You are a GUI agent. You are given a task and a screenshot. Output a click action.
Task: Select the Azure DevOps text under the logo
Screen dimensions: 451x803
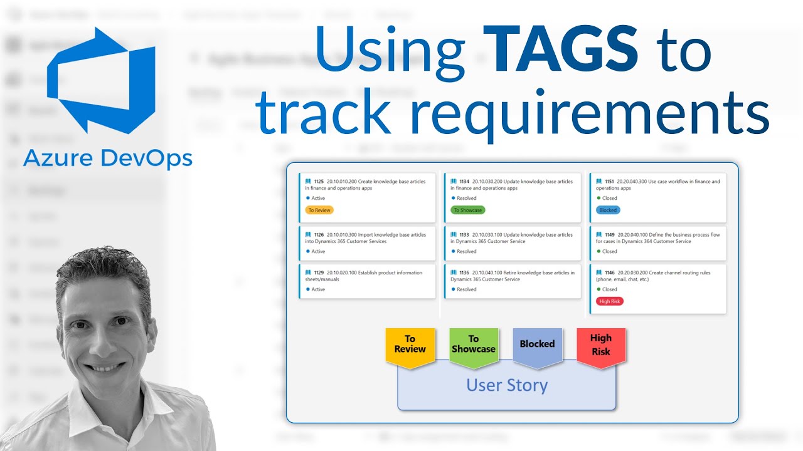pyautogui.click(x=108, y=159)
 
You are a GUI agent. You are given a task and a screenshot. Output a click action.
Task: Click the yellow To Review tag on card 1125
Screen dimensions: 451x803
pyautogui.click(x=319, y=210)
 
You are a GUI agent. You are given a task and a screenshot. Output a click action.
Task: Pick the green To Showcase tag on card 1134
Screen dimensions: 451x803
pyautogui.click(x=467, y=210)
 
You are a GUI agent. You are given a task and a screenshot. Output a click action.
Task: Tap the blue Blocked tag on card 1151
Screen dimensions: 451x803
pyautogui.click(x=608, y=210)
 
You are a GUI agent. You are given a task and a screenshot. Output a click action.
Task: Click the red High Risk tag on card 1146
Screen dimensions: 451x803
pyautogui.click(x=609, y=301)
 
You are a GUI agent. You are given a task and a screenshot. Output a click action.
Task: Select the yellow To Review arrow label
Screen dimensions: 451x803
pyautogui.click(x=410, y=345)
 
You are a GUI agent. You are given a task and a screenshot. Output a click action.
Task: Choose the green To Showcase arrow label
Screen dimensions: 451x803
pyautogui.click(x=474, y=345)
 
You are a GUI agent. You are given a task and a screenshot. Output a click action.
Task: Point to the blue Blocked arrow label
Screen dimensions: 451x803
pyautogui.click(x=537, y=345)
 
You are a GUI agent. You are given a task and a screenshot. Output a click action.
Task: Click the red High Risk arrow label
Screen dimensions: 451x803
pyautogui.click(x=601, y=345)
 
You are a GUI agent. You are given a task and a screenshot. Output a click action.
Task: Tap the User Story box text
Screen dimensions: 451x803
pyautogui.click(x=507, y=385)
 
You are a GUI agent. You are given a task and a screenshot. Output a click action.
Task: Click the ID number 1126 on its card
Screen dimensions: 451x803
pyautogui.click(x=319, y=235)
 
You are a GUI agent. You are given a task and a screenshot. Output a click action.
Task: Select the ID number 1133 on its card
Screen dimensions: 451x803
pyautogui.click(x=464, y=235)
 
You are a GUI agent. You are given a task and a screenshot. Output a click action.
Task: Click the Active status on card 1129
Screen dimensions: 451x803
pyautogui.click(x=318, y=289)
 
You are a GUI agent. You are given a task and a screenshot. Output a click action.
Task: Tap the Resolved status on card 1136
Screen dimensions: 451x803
pyautogui.click(x=466, y=289)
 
